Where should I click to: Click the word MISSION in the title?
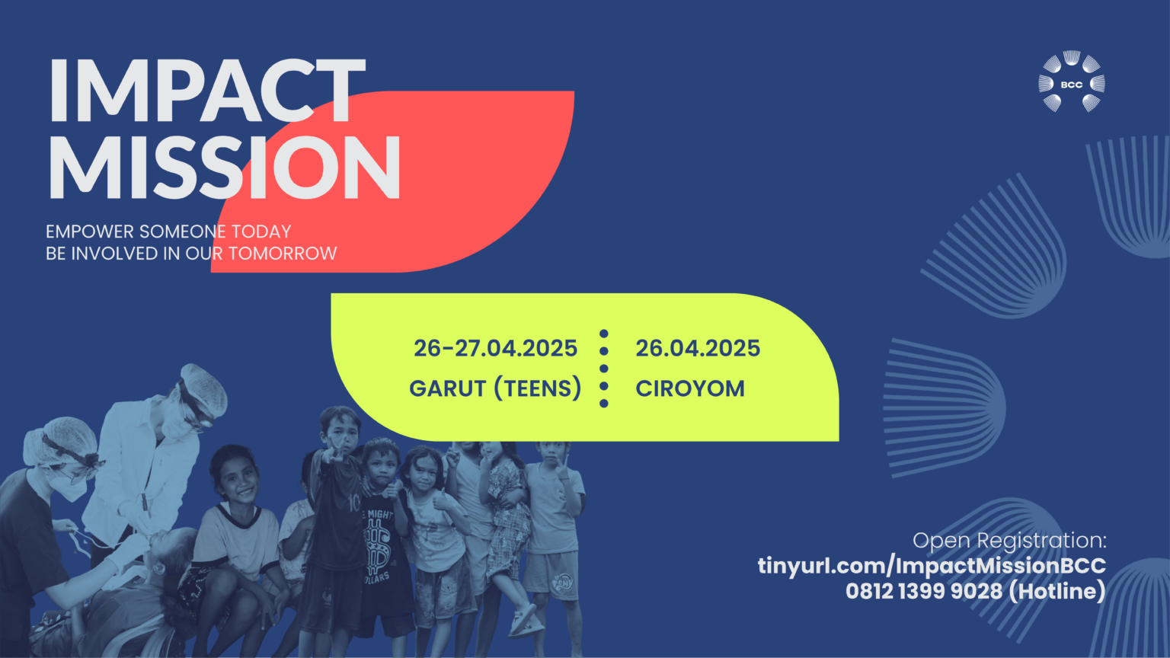tap(225, 167)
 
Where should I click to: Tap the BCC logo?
tap(1071, 82)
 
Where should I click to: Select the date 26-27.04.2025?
tap(495, 348)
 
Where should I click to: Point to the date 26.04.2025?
tap(697, 348)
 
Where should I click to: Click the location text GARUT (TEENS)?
tap(495, 388)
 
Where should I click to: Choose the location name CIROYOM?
tap(690, 388)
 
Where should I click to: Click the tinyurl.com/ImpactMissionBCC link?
tap(932, 566)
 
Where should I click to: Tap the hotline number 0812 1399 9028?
tap(923, 591)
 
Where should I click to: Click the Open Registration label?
tap(1009, 541)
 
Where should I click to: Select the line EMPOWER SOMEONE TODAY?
tap(168, 232)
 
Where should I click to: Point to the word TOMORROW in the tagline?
tap(283, 254)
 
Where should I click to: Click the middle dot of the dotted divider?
tap(604, 368)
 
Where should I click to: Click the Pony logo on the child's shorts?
tap(563, 581)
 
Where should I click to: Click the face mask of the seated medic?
tap(71, 487)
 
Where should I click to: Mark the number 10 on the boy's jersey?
tap(354, 503)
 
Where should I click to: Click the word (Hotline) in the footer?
tap(1058, 591)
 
